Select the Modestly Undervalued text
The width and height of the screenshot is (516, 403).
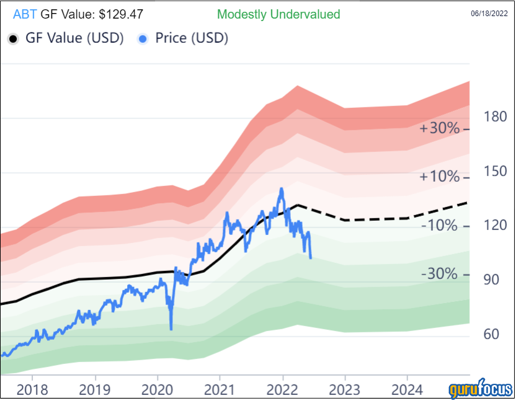click(x=278, y=14)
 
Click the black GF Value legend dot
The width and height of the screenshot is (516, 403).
click(x=13, y=39)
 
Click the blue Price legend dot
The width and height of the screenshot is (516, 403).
click(x=143, y=39)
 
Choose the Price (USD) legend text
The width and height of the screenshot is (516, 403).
click(x=192, y=38)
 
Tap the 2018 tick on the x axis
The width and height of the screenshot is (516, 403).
click(x=32, y=391)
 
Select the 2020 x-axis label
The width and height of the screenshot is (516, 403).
click(x=157, y=391)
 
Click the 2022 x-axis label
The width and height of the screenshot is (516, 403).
click(x=282, y=391)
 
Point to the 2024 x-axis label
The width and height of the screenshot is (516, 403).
click(x=407, y=391)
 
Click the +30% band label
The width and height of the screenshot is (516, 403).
click(x=440, y=128)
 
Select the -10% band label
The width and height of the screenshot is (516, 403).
click(x=440, y=226)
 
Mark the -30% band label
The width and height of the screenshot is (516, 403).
click(x=440, y=274)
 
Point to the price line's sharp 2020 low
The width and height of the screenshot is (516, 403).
click(x=171, y=329)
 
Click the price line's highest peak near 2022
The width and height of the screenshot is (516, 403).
click(x=282, y=188)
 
